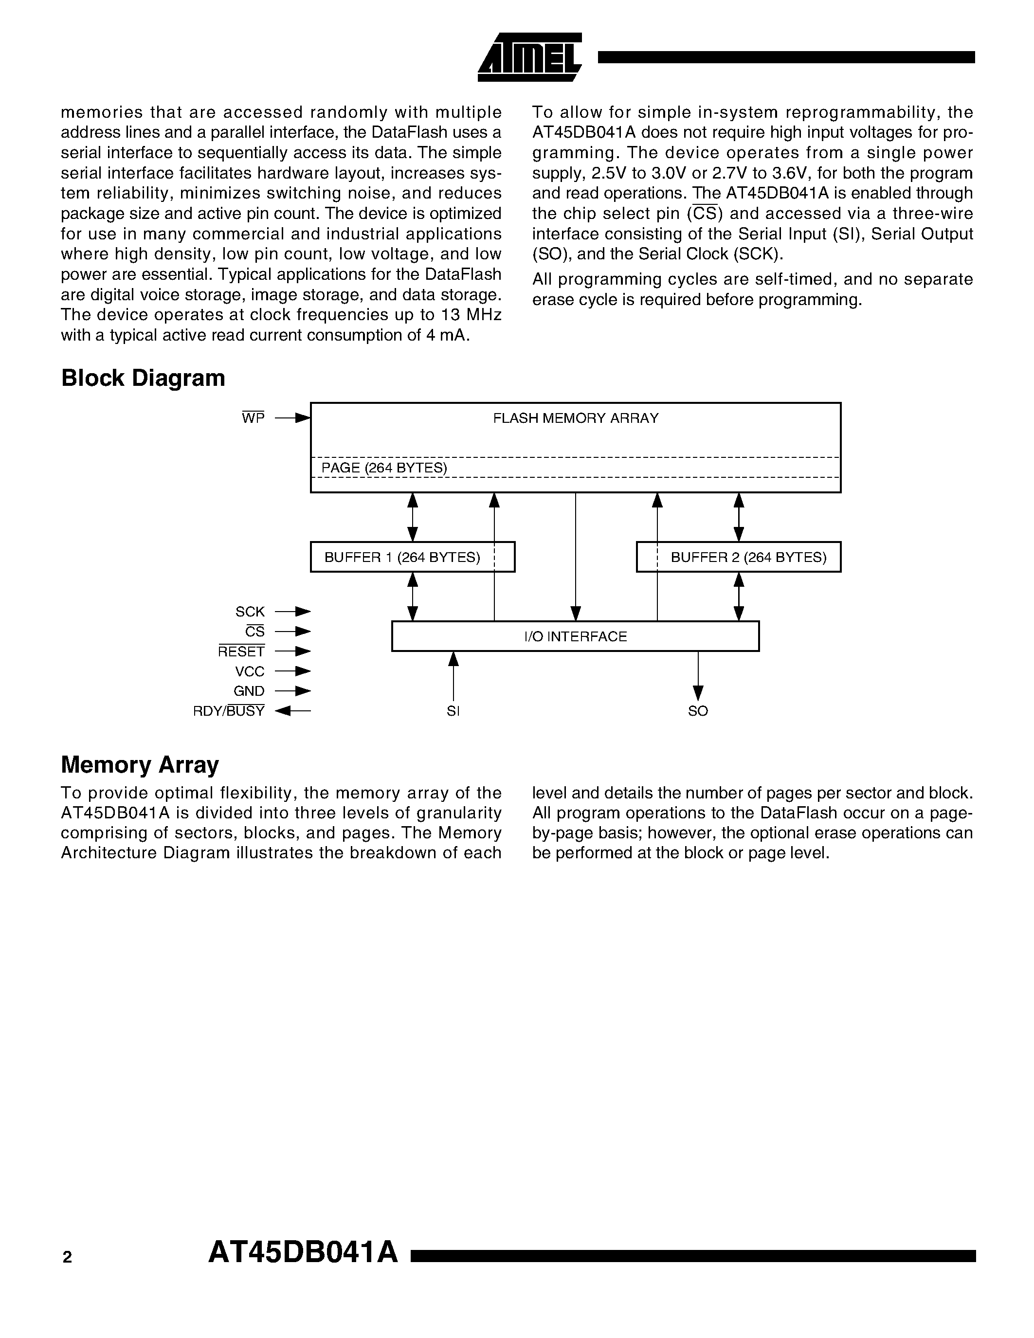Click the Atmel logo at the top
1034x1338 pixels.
point(529,57)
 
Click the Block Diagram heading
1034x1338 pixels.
point(143,378)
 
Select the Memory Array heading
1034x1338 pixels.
point(140,764)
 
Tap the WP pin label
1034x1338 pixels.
point(253,418)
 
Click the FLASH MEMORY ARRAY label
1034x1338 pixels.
point(575,418)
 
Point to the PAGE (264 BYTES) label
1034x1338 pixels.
point(384,468)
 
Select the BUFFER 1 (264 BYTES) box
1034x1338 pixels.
point(412,557)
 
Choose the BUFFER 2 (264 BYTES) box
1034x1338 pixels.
point(738,557)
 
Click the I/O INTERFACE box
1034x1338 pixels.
point(575,636)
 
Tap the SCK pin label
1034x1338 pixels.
point(250,612)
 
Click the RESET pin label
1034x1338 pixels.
point(241,651)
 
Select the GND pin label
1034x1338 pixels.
point(249,691)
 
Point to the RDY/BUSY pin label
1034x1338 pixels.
point(229,711)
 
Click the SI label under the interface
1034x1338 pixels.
point(454,711)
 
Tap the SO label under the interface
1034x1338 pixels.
point(698,711)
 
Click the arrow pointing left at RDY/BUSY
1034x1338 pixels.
point(293,711)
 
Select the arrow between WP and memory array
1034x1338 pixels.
point(293,418)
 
